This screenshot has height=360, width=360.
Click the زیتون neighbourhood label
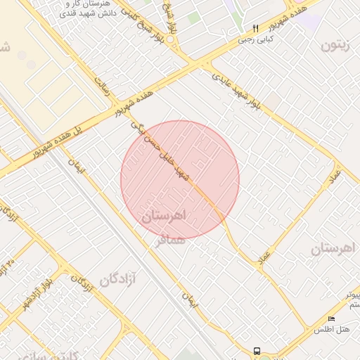coord(335,46)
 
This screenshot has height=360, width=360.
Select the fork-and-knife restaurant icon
coord(255,29)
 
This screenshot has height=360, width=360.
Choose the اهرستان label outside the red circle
coord(334,247)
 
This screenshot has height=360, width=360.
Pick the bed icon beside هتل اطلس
coord(331,319)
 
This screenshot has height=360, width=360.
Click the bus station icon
coord(256,350)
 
